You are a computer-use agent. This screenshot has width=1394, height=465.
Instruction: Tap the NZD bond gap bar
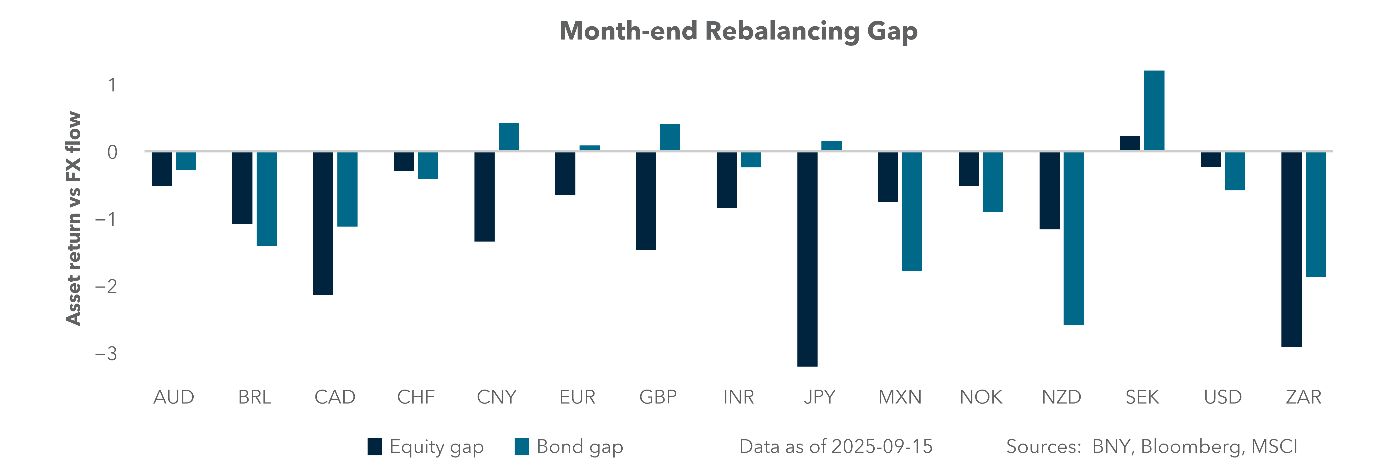click(x=1074, y=238)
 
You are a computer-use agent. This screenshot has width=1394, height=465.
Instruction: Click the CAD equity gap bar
click(x=323, y=223)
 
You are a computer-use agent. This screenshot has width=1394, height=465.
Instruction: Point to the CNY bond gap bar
click(x=509, y=137)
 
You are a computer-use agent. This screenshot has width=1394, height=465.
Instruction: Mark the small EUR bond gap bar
click(x=589, y=148)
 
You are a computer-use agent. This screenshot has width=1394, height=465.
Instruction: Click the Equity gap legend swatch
click(x=375, y=447)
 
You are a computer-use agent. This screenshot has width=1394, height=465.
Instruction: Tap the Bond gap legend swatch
click(x=522, y=447)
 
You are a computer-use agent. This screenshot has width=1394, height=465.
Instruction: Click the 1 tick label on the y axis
click(x=112, y=85)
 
